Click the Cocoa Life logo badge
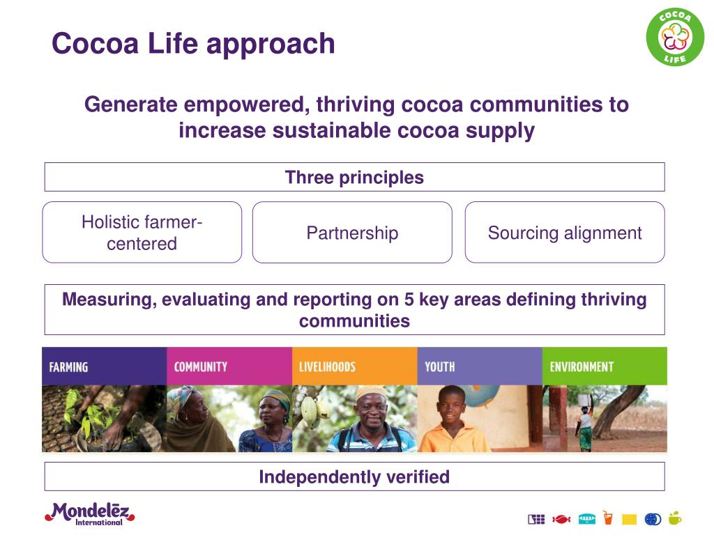(x=674, y=38)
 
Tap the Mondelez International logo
(x=89, y=513)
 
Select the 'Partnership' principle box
(x=352, y=233)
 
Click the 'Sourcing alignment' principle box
(x=564, y=233)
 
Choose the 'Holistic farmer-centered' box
(x=142, y=233)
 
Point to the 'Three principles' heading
(x=354, y=178)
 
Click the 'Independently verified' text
(x=354, y=477)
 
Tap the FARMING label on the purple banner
(x=68, y=367)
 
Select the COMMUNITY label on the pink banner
(x=200, y=366)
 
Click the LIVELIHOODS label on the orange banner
(x=327, y=366)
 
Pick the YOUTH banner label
(x=439, y=366)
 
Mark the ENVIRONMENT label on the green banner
(x=582, y=366)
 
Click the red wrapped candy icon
(x=561, y=518)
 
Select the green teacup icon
(x=675, y=518)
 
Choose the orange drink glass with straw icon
(x=608, y=518)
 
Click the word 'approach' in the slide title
(x=271, y=44)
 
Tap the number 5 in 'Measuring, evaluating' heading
(x=409, y=300)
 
